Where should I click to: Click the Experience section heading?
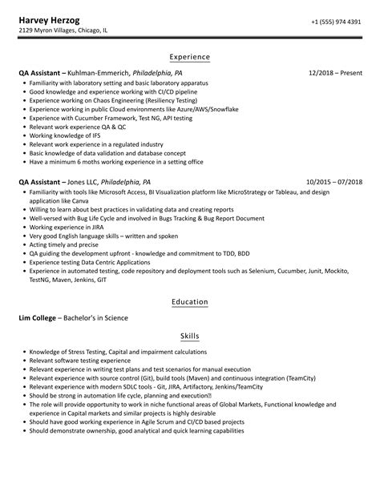190,57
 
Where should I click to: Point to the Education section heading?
190,302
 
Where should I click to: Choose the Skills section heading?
190,337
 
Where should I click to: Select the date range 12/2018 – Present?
335,73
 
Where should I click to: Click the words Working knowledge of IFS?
58,135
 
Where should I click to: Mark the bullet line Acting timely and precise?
63,244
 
